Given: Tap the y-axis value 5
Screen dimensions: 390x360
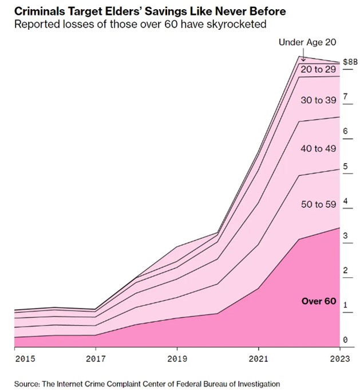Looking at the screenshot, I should point(345,167).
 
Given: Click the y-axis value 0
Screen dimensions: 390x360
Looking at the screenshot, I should point(345,340).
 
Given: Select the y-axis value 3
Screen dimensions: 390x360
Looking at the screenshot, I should point(345,236).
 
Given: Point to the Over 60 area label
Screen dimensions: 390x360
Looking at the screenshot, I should point(319,301).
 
